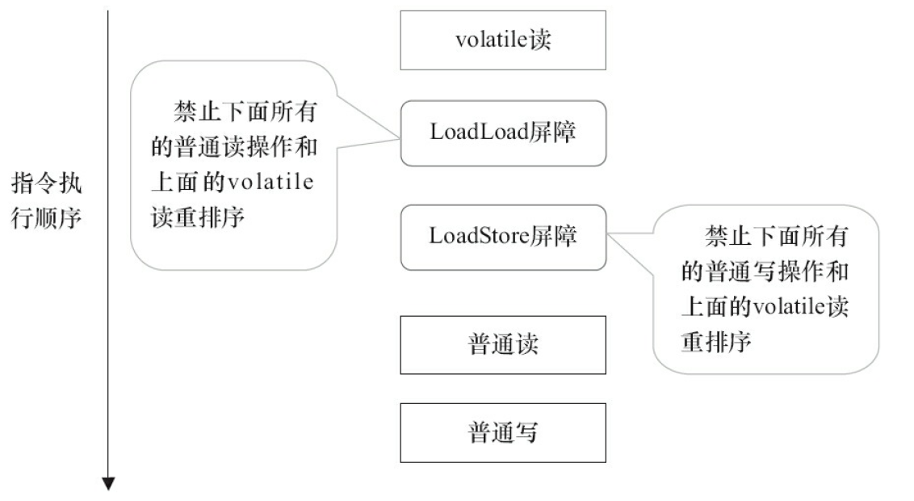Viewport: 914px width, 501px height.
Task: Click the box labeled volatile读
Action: click(x=502, y=40)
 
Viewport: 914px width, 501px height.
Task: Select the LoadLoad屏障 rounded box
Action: click(x=502, y=133)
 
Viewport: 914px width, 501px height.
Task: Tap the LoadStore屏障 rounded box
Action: click(x=502, y=237)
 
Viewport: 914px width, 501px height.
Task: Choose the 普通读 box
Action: click(x=502, y=344)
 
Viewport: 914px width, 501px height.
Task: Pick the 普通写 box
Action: click(x=502, y=433)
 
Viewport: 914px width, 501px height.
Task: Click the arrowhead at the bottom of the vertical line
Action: click(x=107, y=484)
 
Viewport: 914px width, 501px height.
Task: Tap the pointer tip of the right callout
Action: click(x=608, y=237)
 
